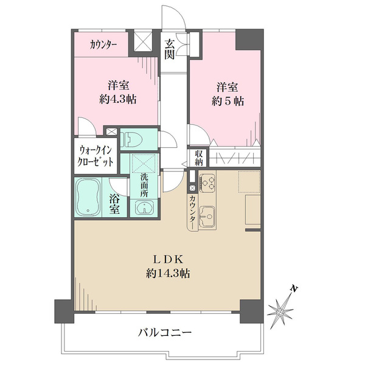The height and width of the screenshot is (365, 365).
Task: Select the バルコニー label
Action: coord(164,333)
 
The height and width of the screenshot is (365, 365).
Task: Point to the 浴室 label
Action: coord(115,203)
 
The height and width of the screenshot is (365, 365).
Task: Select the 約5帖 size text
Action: coord(228,102)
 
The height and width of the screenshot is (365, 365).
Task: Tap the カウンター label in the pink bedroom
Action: coord(104,44)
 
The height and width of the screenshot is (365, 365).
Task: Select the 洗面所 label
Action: coord(144,185)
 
